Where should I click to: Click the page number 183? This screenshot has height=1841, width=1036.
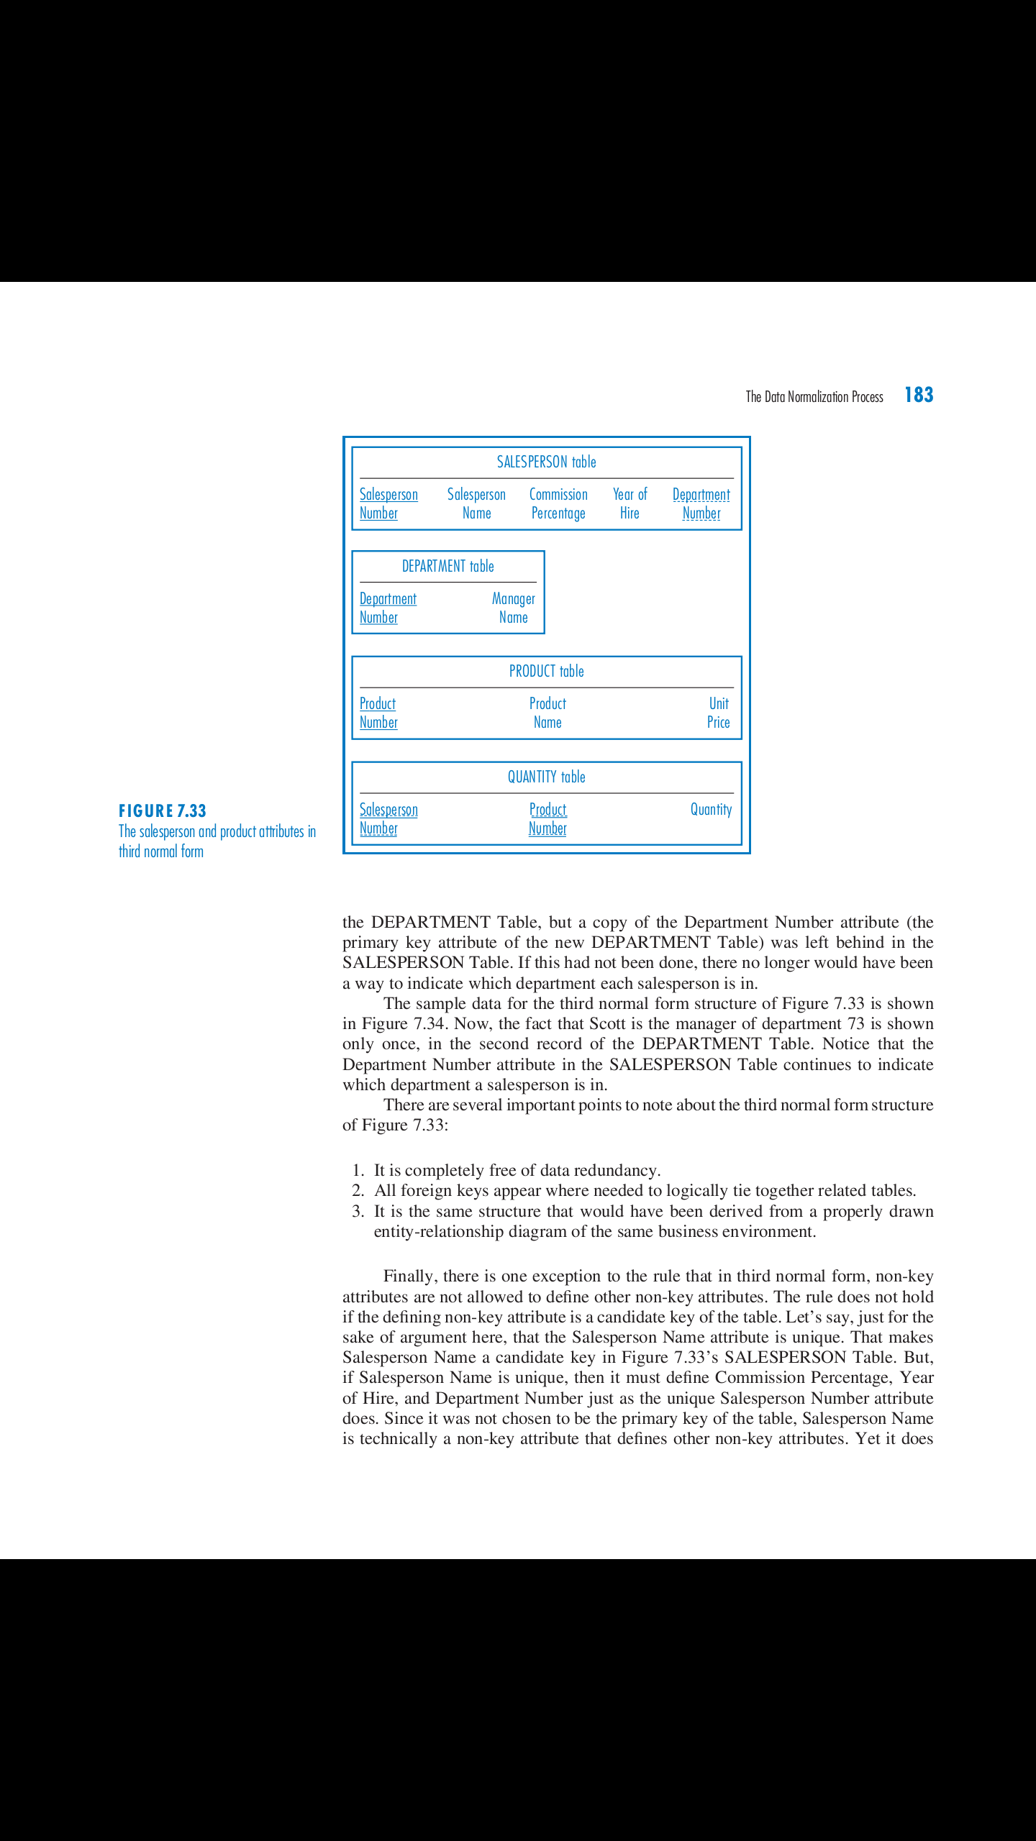919,395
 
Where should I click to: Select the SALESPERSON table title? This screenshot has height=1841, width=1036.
546,462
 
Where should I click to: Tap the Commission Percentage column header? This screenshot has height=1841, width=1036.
558,503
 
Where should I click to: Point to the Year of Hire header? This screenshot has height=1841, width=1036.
630,503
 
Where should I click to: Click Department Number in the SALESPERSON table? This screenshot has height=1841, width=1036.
701,503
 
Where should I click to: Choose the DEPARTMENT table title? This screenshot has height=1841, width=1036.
447,566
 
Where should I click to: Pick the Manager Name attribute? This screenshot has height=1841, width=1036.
513,608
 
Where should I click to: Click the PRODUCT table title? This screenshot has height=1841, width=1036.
546,671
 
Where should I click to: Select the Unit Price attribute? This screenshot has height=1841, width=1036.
719,713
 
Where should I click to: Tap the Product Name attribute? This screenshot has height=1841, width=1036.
547,713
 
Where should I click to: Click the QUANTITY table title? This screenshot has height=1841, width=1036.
546,777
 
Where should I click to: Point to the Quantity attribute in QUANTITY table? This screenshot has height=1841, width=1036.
711,810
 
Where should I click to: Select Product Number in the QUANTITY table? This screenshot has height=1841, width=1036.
547,819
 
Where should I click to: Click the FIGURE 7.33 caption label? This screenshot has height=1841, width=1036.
163,811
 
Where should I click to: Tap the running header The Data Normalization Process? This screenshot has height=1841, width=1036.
814,397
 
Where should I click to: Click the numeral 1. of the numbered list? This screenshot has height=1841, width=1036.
358,1170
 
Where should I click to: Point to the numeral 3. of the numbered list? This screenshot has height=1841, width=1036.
358,1211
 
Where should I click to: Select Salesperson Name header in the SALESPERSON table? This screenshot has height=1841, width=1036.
476,503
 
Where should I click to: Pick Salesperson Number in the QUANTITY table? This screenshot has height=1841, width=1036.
388,819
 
